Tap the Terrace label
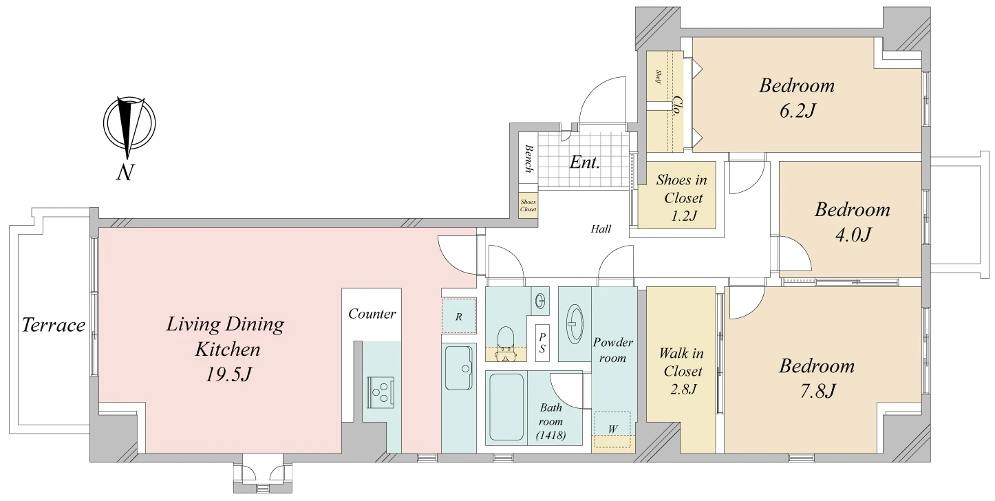(x=54, y=325)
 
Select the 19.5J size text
(x=228, y=374)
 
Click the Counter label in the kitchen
(x=372, y=314)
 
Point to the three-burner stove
(x=381, y=393)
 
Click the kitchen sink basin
(x=459, y=367)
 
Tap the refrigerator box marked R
(x=459, y=317)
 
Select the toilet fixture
(x=506, y=344)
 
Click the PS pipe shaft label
(x=542, y=343)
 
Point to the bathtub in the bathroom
(x=506, y=407)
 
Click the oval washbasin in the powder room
(x=575, y=323)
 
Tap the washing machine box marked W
(x=612, y=429)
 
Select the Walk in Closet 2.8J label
(x=682, y=372)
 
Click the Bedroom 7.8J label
(x=817, y=379)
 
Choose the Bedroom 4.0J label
(x=853, y=222)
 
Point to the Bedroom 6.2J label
(x=797, y=98)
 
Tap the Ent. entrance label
(x=585, y=162)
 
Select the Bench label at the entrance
(x=528, y=158)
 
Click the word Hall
(x=601, y=228)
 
